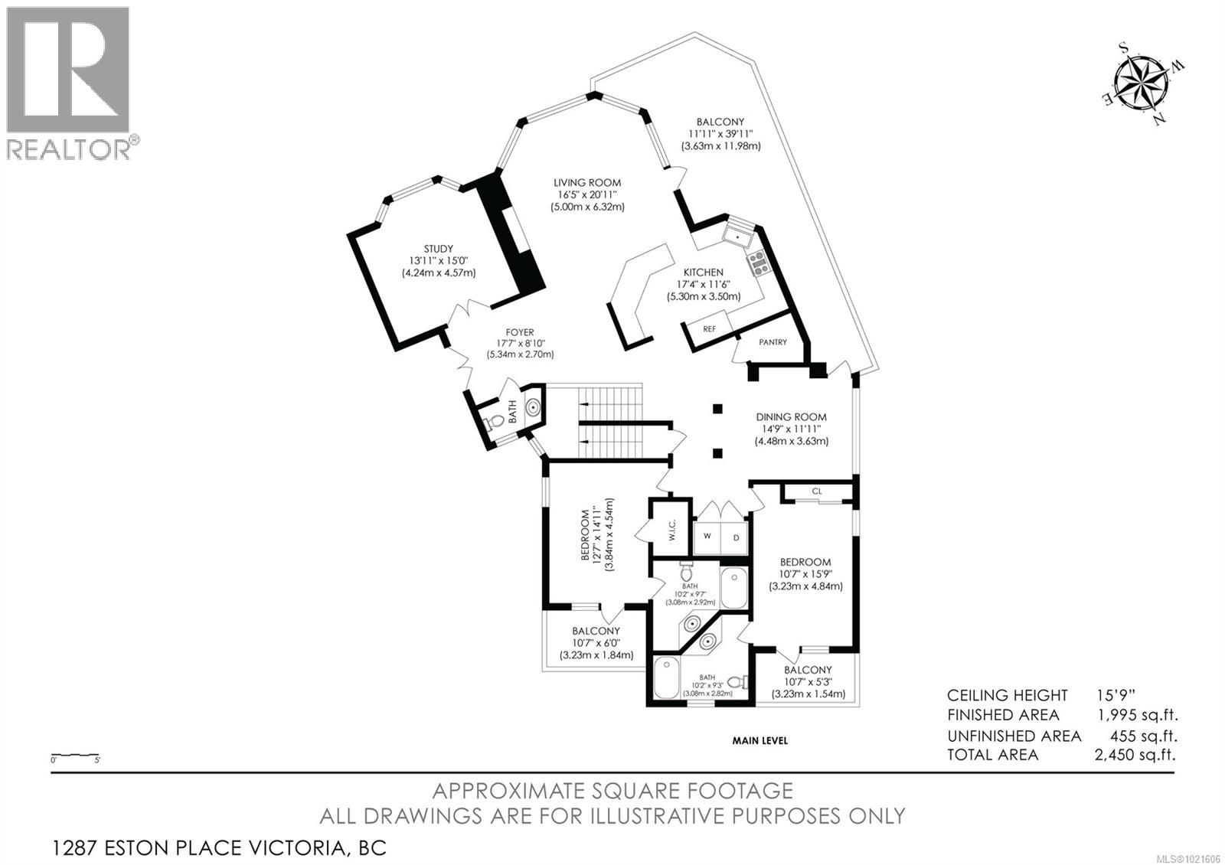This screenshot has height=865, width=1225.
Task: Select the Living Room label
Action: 587,183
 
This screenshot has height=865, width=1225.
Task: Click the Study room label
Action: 439,249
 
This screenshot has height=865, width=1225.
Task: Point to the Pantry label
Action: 773,342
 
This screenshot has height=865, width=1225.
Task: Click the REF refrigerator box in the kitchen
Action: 710,329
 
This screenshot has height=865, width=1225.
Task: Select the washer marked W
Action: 707,537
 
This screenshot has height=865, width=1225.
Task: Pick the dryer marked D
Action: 736,537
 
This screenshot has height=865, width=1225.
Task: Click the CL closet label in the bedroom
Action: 817,491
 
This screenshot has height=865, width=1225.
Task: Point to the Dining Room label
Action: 791,417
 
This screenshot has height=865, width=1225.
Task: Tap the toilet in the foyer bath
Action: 496,421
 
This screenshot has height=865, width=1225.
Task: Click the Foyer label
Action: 519,332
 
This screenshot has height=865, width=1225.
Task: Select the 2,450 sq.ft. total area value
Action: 1135,755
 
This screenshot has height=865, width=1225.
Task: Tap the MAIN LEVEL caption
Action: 759,740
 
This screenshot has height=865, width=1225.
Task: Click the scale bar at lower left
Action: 75,755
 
